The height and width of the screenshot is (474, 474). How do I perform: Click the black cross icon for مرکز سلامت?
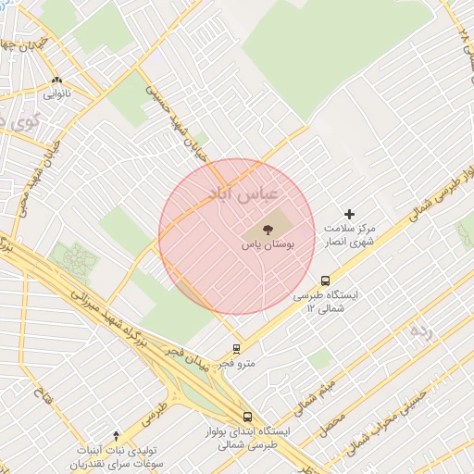tap(349, 214)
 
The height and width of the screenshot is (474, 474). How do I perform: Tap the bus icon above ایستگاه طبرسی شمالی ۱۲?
tap(325, 280)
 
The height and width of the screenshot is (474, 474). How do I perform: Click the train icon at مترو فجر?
tap(237, 349)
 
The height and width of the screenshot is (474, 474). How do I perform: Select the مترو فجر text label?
tap(238, 364)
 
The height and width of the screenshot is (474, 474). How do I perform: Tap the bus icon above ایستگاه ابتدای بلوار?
tap(247, 417)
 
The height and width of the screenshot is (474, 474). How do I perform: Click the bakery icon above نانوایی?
tap(57, 80)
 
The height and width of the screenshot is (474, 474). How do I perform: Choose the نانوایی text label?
tap(57, 94)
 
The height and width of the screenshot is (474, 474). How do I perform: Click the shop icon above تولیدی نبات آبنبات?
tap(116, 434)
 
